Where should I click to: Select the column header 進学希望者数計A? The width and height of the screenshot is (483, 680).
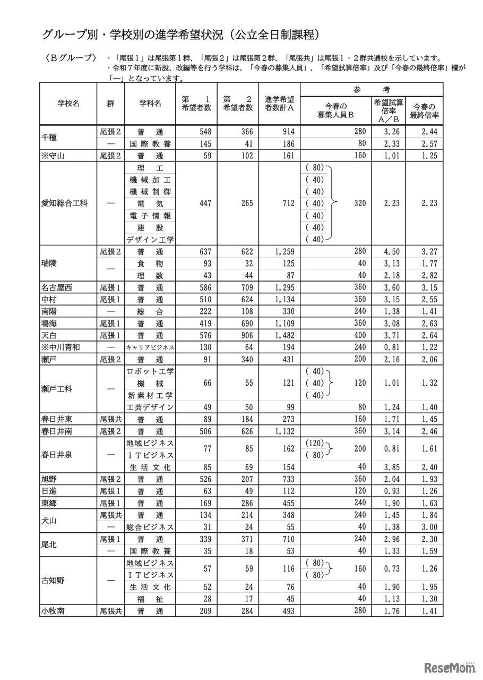point(280,104)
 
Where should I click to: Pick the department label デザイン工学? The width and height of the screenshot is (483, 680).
point(151,240)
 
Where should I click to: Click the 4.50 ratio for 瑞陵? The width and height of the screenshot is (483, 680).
point(389,252)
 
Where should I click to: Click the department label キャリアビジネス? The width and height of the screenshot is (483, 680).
point(151,347)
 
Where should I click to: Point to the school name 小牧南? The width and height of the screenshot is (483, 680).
point(53,611)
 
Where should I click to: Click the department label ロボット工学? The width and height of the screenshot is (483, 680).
point(151,371)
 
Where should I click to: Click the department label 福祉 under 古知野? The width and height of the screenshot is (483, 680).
point(151,599)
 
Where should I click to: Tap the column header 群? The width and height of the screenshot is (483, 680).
point(110,104)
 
